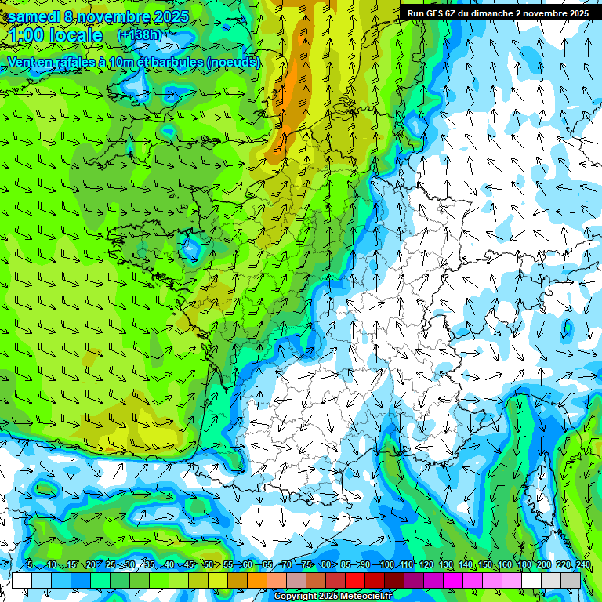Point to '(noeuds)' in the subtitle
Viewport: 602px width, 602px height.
coord(234,62)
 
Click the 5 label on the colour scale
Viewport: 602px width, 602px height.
coord(30,565)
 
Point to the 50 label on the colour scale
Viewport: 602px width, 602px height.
coord(209,565)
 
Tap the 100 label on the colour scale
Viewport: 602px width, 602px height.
coord(386,565)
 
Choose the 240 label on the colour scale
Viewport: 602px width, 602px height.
coord(583,565)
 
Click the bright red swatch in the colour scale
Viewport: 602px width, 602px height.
coord(357,580)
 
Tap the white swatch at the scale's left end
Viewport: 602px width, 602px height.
coord(21,580)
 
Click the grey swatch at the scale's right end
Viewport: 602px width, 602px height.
coord(571,580)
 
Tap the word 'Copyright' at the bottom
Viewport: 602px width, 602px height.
coord(296,596)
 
